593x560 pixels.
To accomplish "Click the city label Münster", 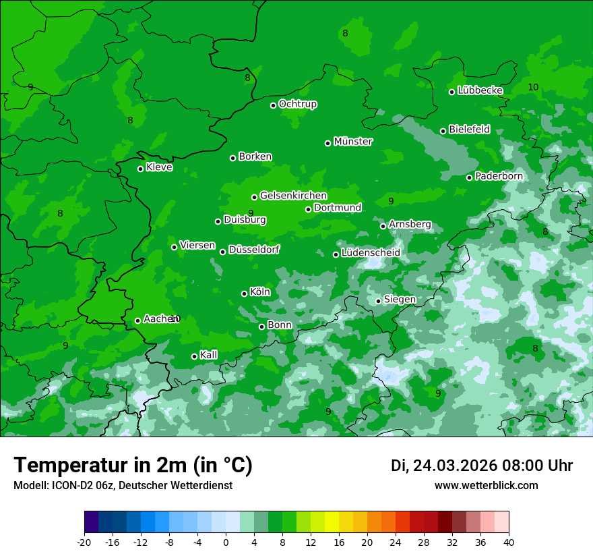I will coord(353,142).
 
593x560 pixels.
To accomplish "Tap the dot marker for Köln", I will coord(245,293).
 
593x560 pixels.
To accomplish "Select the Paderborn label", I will coord(499,176).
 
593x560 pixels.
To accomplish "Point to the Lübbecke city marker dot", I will coord(451,92).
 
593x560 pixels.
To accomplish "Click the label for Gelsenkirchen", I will coord(293,196).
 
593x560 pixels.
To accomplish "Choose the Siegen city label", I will coord(400,300).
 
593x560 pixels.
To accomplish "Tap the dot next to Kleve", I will coord(140,169).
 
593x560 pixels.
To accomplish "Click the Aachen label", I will coord(159,319).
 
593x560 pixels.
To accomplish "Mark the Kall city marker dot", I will coord(194,356).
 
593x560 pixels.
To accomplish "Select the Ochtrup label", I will coord(298,104).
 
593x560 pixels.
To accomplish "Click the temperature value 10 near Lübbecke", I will coord(533,88).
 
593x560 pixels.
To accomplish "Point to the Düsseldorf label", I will coord(254,250).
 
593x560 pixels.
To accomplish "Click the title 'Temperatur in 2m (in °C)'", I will coord(133,466).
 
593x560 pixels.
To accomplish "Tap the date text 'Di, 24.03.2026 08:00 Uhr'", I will coord(482,466).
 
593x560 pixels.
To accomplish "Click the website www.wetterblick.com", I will coord(486,486).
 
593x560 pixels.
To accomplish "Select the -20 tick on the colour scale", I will coord(84,542).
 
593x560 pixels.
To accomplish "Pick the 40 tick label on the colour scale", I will coord(509,542).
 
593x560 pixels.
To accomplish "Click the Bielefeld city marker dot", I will coord(443,131).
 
